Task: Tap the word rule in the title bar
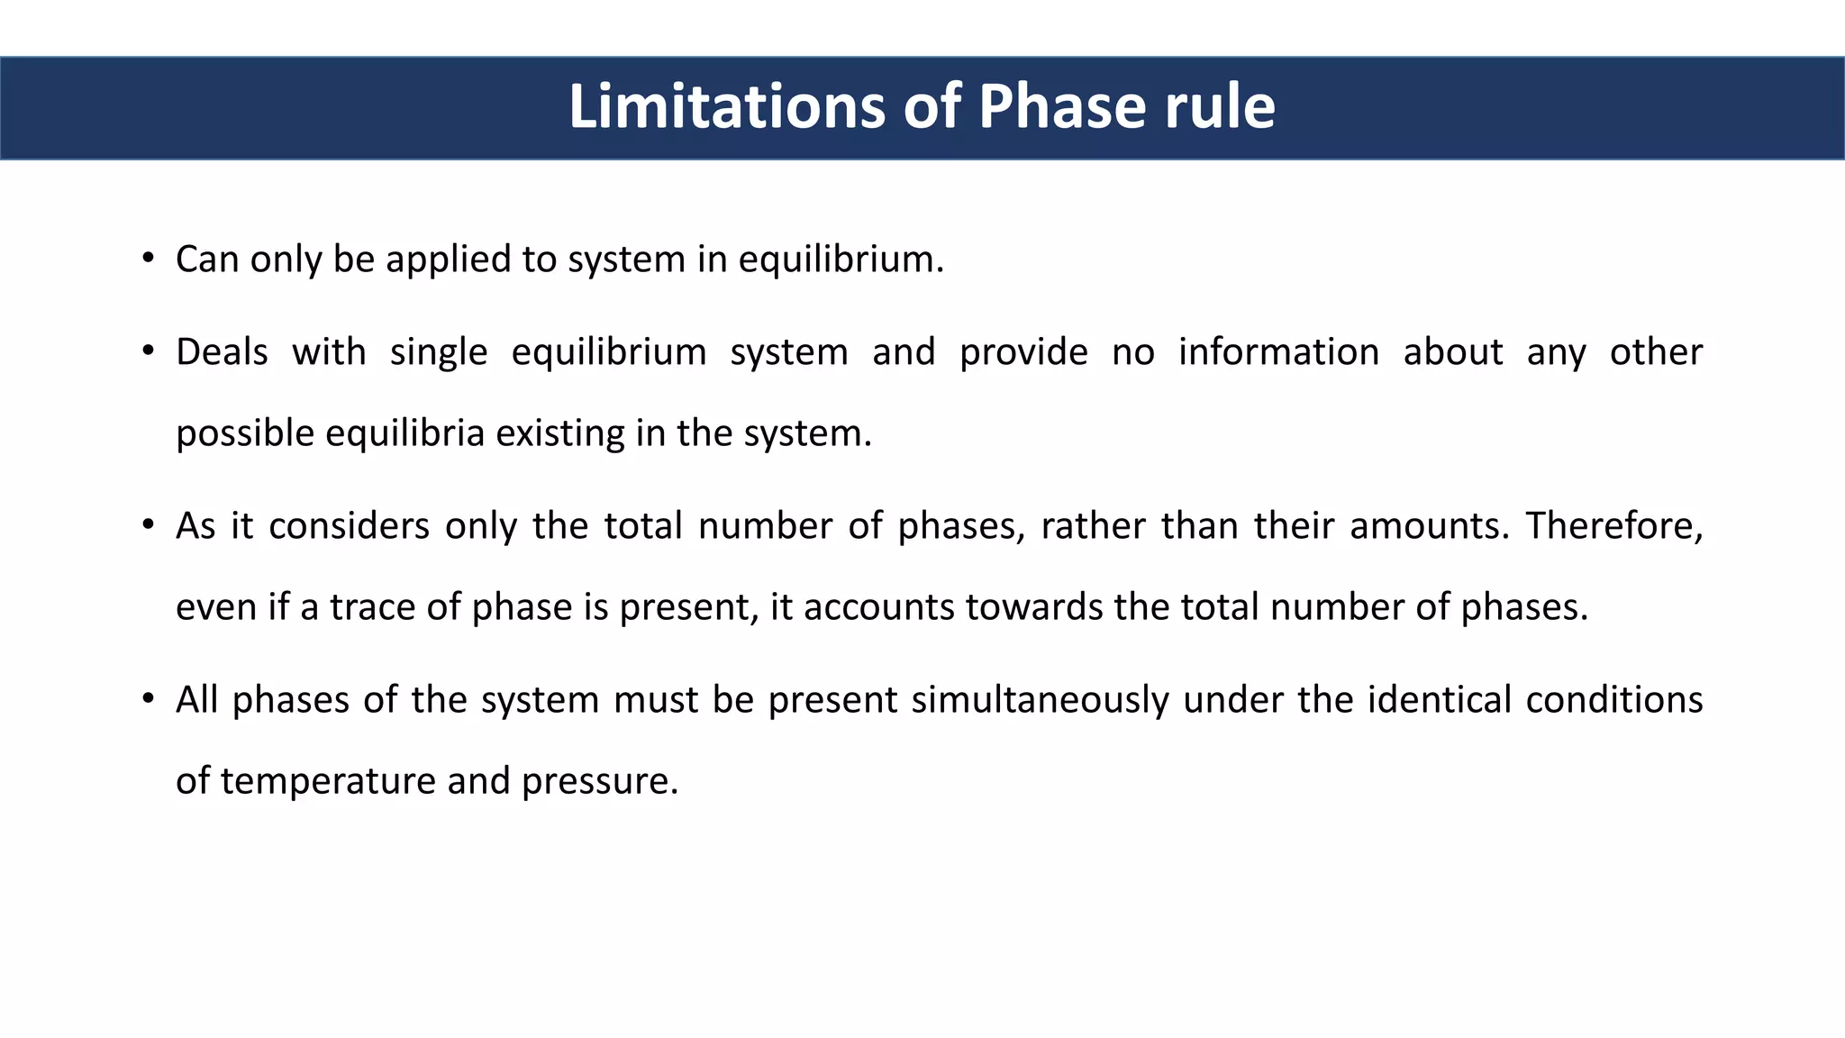click(1220, 107)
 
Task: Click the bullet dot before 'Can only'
click(148, 259)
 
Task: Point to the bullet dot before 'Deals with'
click(148, 351)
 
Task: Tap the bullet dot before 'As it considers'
click(148, 525)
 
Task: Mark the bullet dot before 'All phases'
click(148, 699)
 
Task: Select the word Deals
click(222, 352)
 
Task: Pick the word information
click(1278, 352)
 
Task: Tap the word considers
click(349, 526)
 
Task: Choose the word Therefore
click(1613, 526)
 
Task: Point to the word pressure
click(598, 781)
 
